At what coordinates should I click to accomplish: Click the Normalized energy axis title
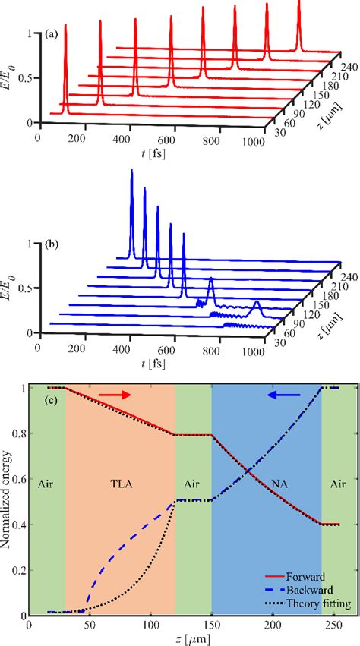7,501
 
